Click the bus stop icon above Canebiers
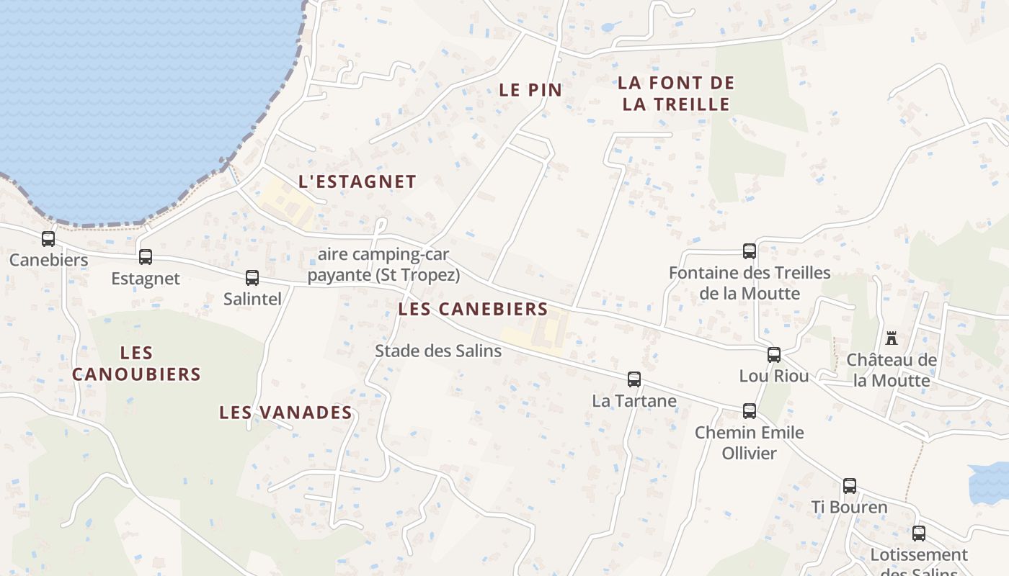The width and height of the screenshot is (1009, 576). click(48, 238)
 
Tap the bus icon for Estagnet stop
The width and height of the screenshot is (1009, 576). click(146, 256)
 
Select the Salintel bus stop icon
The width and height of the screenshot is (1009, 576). click(252, 277)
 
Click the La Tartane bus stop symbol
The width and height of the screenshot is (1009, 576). click(634, 379)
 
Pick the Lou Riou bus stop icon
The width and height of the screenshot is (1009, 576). click(774, 354)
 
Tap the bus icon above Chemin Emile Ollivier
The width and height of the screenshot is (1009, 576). click(750, 410)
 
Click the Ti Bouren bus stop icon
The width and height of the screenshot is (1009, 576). click(850, 485)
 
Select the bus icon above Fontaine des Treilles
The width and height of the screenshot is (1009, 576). click(750, 251)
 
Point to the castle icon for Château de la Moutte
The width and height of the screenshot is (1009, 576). click(892, 338)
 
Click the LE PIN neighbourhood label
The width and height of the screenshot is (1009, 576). click(530, 90)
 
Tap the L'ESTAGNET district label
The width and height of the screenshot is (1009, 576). click(357, 181)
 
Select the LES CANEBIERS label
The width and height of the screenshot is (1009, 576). click(473, 310)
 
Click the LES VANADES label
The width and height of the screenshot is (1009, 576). click(285, 413)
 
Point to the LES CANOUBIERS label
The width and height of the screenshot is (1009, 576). click(136, 364)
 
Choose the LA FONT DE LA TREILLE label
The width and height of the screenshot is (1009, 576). click(676, 94)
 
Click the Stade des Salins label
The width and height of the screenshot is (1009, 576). click(438, 351)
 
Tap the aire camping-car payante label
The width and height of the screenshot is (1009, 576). click(383, 265)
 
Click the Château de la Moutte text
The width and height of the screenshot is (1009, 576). click(892, 370)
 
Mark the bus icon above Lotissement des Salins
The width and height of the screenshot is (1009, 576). click(919, 533)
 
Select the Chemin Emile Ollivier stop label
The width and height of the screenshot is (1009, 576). click(750, 443)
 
